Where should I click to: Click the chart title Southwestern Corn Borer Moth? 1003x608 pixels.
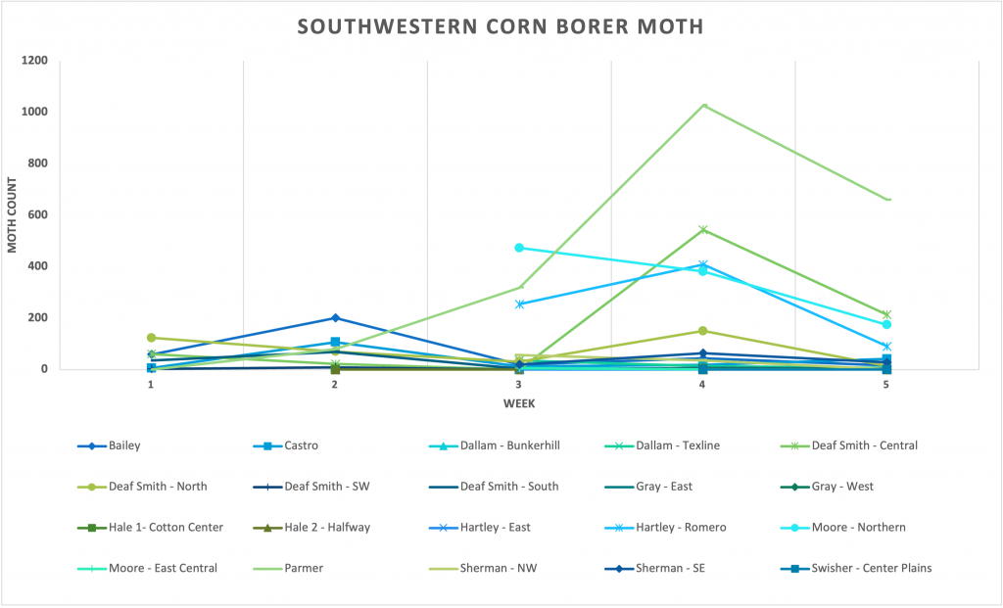[501, 26]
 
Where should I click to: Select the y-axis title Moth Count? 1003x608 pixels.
[13, 215]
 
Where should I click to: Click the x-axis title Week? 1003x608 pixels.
[518, 402]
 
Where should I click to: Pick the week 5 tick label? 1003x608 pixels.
[886, 385]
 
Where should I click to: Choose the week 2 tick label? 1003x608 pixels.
[335, 385]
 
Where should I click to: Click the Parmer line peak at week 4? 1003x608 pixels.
[702, 106]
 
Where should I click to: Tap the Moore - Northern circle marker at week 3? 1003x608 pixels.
[519, 248]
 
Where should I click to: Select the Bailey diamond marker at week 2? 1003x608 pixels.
[335, 318]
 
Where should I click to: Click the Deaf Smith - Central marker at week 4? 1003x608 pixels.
[702, 230]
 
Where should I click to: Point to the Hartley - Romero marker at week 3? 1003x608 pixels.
[519, 304]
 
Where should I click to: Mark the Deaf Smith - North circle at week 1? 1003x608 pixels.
[151, 338]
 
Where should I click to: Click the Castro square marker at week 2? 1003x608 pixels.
[335, 343]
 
